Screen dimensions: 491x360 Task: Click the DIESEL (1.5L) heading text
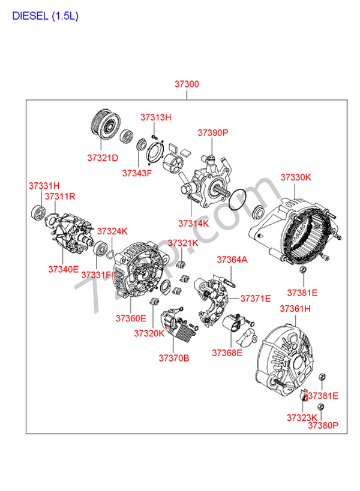point(45,16)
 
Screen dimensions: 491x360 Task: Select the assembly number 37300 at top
point(187,85)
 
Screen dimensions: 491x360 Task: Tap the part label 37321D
point(103,158)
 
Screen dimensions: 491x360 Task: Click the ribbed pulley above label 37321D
point(103,128)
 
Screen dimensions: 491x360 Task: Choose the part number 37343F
point(137,173)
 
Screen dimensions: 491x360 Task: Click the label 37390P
point(214,133)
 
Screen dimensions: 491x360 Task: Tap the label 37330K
point(296,177)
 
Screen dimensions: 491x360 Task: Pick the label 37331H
point(44,186)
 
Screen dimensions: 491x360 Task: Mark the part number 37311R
point(59,196)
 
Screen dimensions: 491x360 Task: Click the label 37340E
point(64,269)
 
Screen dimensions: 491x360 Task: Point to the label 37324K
point(112,231)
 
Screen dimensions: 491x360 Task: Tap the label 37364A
point(232,260)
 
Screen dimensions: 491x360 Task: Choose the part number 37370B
point(174,358)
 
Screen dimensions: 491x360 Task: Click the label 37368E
point(226,353)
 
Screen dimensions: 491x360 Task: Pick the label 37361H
point(296,309)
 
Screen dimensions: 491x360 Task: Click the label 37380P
point(323,426)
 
